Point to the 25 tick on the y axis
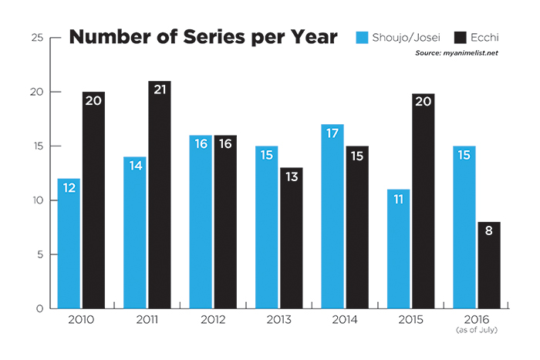pyautogui.click(x=36, y=38)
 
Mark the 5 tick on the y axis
pyautogui.click(x=39, y=255)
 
